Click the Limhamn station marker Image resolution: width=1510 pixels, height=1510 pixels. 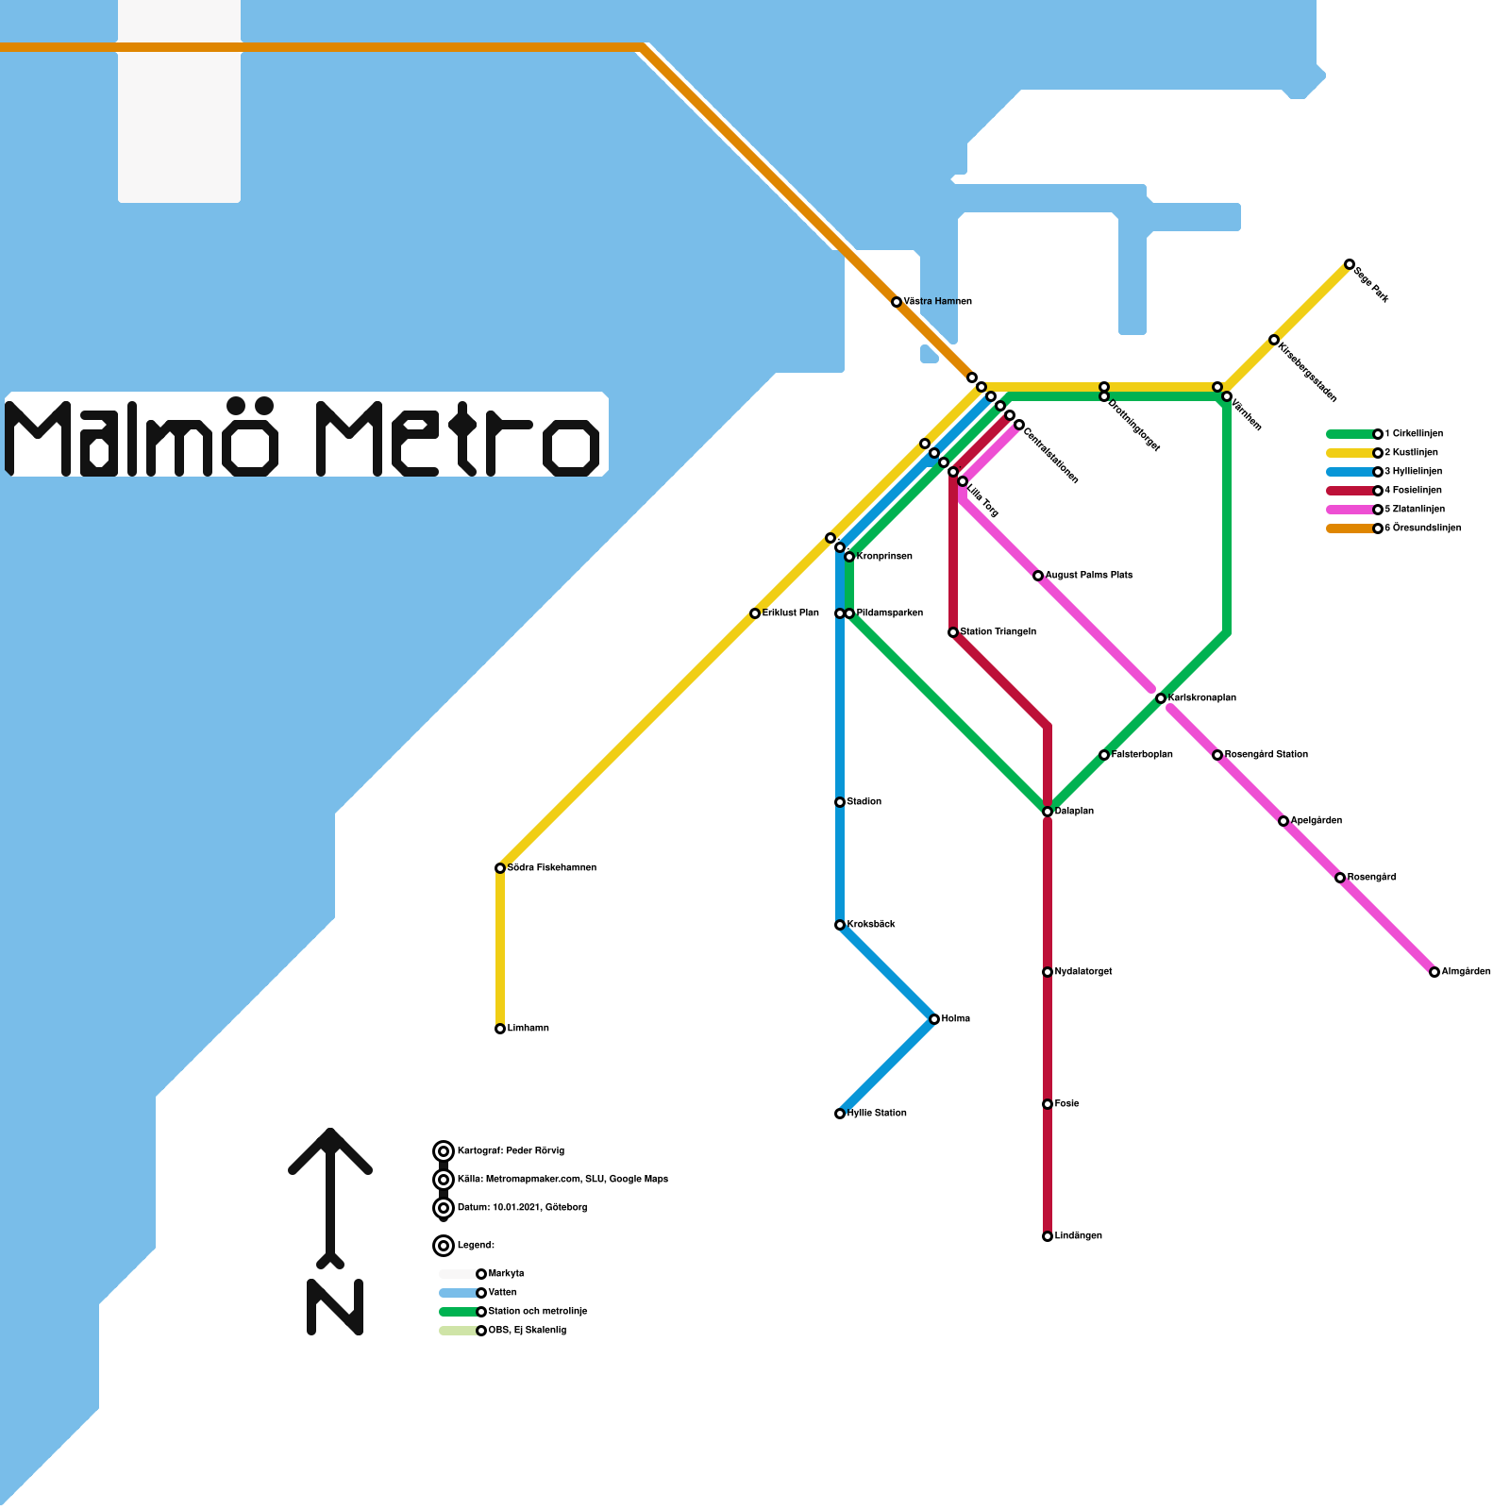point(500,1029)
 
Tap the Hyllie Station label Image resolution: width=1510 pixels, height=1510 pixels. point(877,1114)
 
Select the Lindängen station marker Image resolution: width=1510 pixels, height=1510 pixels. point(1048,1236)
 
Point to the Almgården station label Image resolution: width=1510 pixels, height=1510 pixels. point(1466,972)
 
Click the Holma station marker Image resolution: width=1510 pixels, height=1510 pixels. point(934,1019)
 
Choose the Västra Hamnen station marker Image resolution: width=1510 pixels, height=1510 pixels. point(897,302)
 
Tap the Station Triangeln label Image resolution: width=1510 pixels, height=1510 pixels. point(998,632)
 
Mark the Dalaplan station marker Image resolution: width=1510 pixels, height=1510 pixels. point(1048,812)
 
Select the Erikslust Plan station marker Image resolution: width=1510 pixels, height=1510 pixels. point(755,613)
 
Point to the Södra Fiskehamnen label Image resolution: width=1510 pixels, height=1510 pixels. point(551,868)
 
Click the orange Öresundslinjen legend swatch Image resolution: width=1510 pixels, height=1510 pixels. point(1350,528)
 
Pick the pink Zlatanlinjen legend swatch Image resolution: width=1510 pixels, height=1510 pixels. point(1350,510)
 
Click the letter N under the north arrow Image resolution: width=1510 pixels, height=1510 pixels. point(335,1307)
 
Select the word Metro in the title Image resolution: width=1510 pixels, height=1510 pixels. point(458,439)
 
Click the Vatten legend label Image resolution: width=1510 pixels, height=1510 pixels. point(503,1293)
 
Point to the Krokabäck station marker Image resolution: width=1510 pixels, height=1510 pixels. point(840,925)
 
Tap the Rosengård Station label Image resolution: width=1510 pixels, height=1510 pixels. point(1266,755)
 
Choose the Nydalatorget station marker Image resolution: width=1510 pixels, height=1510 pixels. point(1048,972)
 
